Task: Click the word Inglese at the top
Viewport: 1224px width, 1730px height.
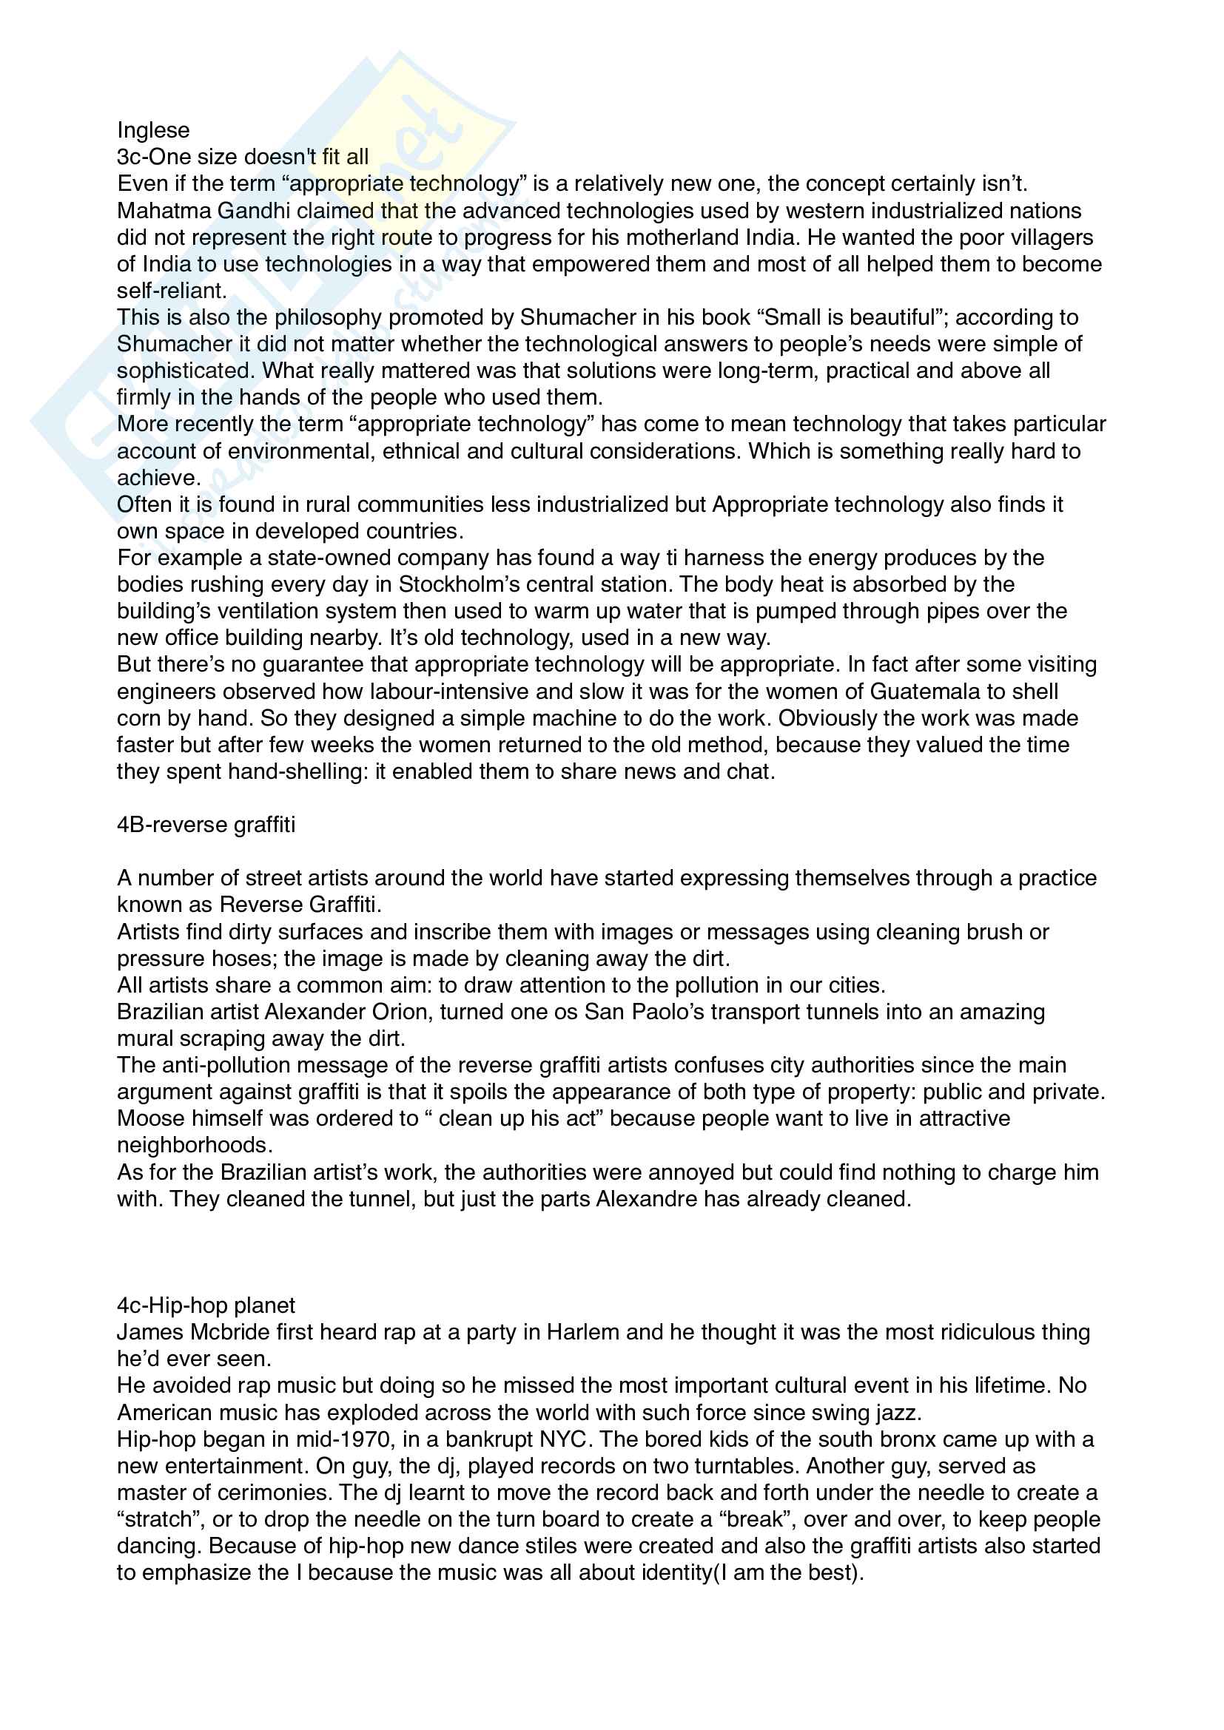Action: (x=153, y=130)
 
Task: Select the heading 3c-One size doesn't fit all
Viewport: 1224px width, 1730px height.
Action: (x=243, y=157)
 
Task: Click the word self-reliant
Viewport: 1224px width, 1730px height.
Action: (x=171, y=291)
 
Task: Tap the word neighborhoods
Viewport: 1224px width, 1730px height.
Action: (x=194, y=1145)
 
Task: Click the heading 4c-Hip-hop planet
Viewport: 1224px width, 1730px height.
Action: (x=206, y=1305)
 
